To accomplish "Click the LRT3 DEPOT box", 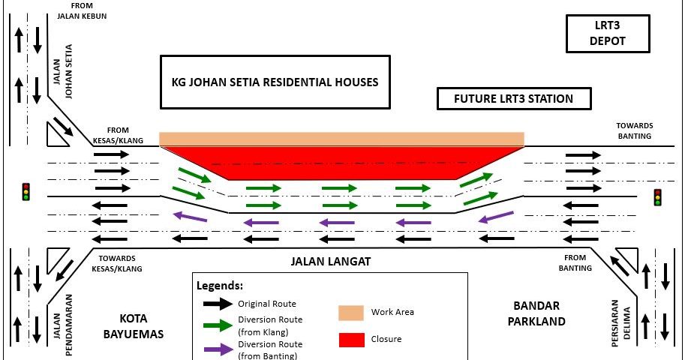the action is [x=608, y=34].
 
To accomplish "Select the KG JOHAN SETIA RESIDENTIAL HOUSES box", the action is [x=275, y=82].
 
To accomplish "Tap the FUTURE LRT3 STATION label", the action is [x=514, y=99].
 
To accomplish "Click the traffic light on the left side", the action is [x=26, y=192].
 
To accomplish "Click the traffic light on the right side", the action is [x=657, y=197].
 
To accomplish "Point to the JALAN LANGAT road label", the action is [x=331, y=262].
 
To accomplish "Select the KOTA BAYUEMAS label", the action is [x=134, y=326].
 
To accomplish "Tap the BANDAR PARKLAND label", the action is [x=536, y=313].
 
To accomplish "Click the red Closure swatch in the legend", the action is [x=352, y=340].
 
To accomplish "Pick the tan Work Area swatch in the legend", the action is [x=351, y=313].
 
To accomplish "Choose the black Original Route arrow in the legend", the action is [x=218, y=304].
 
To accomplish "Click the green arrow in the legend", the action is [x=218, y=325].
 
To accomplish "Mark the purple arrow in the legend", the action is [x=218, y=349].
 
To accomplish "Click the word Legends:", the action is [x=220, y=286].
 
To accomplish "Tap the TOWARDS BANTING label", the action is [x=634, y=130].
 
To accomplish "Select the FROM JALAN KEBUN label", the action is [x=82, y=11].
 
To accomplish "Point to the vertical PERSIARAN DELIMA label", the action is [x=620, y=323].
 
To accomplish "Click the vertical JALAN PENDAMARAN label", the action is [x=62, y=325].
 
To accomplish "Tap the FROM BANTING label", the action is [x=575, y=263].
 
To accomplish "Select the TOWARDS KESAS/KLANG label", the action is [x=116, y=263].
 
